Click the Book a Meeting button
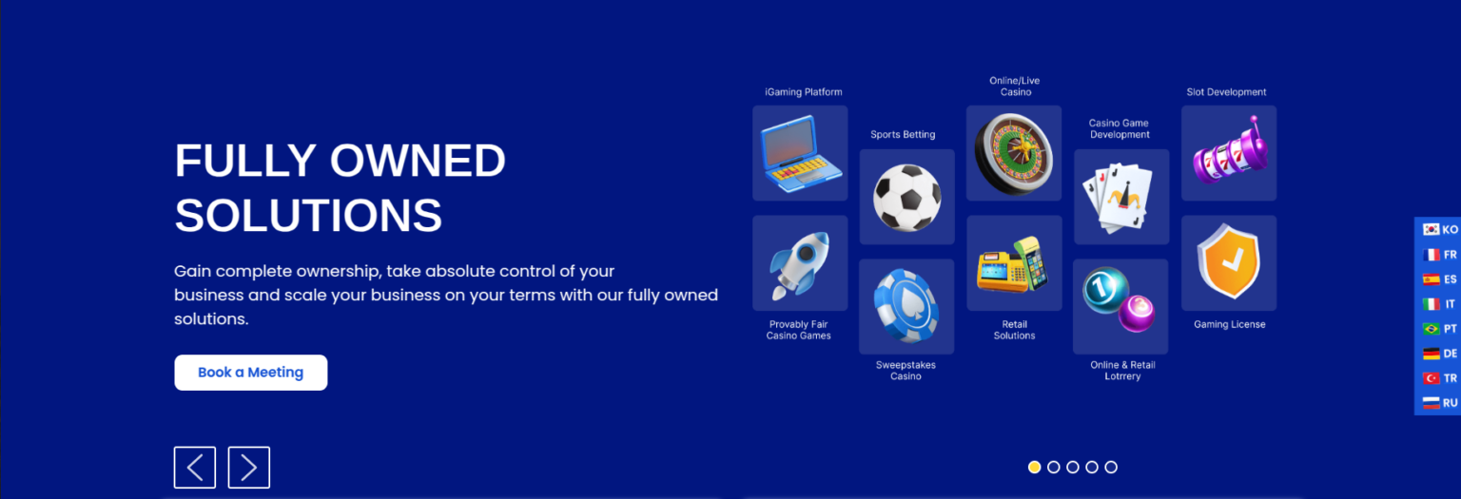[x=250, y=373]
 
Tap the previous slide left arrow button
[x=194, y=467]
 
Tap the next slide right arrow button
[x=248, y=467]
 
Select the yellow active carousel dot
[x=1034, y=467]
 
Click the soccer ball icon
[x=906, y=198]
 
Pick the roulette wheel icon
[x=1014, y=154]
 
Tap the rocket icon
[x=800, y=264]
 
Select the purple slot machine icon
[x=1230, y=151]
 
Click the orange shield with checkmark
[x=1229, y=261]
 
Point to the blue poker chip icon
[x=906, y=306]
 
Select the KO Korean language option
[x=1440, y=229]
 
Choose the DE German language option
[x=1440, y=354]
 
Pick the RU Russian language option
[x=1440, y=403]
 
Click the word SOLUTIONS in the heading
[x=308, y=215]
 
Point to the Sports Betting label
[x=903, y=134]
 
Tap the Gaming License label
[x=1230, y=324]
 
